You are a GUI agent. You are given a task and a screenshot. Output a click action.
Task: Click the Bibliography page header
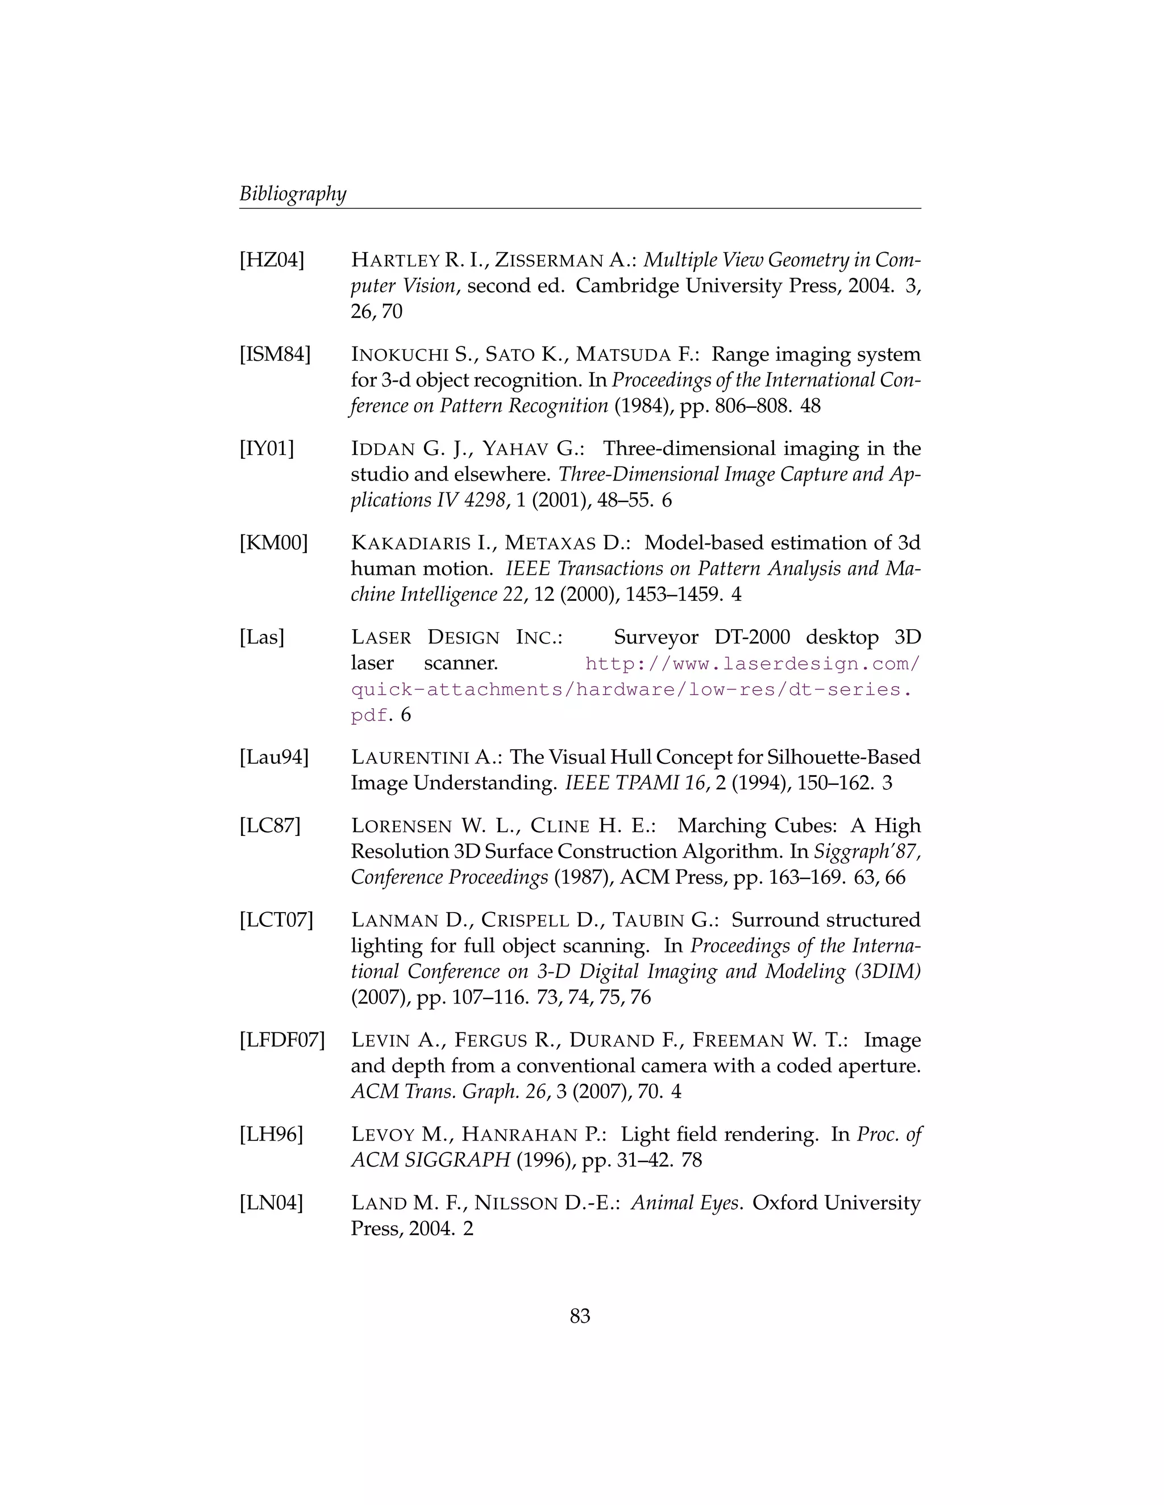(292, 194)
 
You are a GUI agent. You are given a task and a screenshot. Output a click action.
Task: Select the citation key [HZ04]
(272, 261)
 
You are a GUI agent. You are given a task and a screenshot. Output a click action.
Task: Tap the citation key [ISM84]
(275, 355)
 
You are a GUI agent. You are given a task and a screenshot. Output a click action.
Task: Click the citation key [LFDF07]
(282, 1040)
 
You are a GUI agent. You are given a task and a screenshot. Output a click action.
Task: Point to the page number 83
(580, 1316)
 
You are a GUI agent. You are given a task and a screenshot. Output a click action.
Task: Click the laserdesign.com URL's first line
(751, 663)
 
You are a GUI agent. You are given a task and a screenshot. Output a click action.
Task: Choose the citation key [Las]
(262, 637)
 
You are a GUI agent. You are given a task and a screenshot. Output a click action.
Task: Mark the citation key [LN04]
(271, 1203)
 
